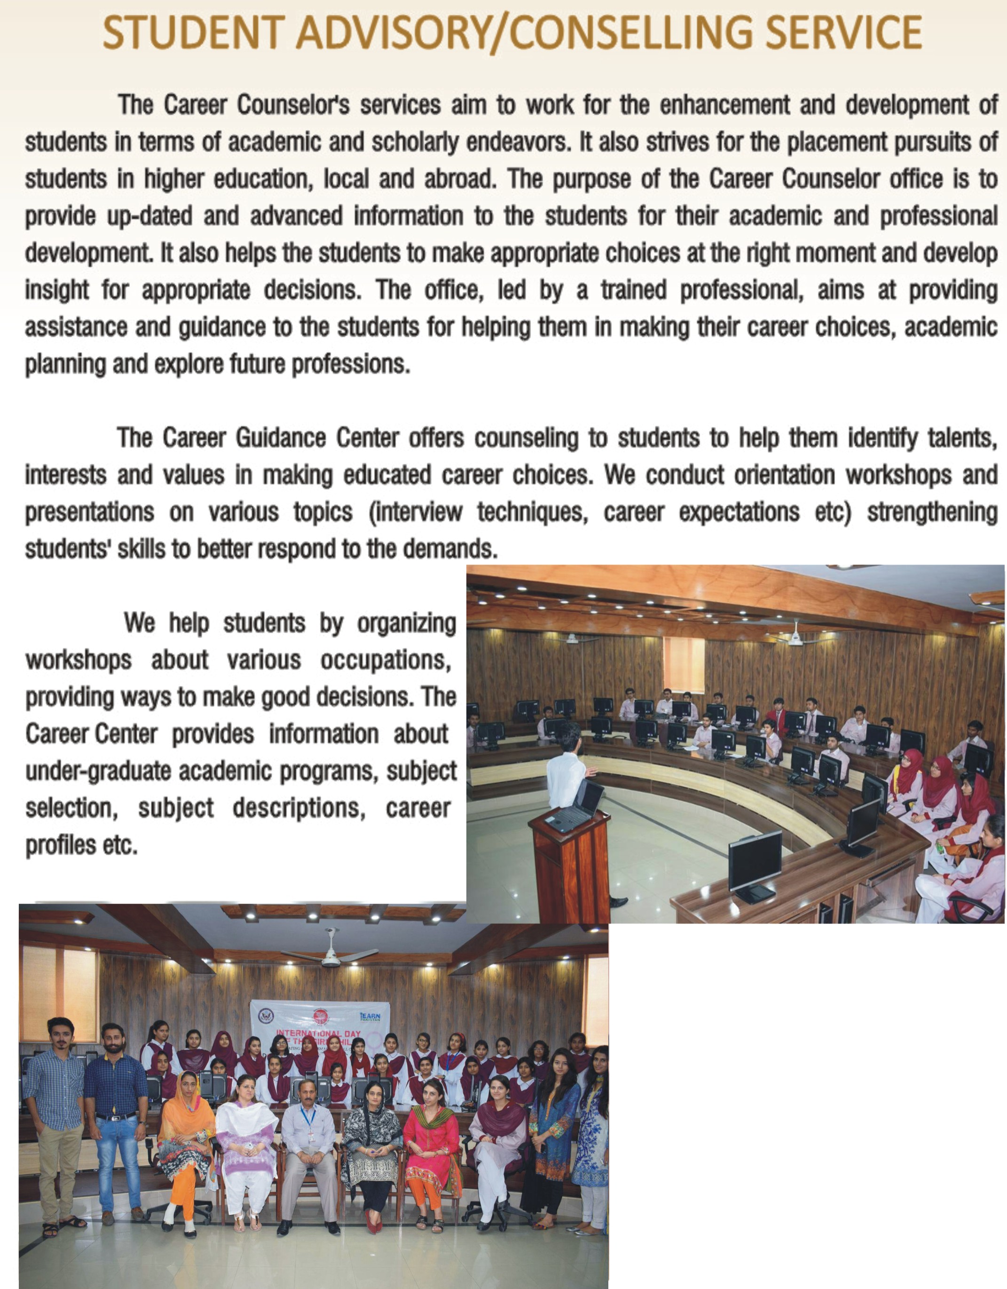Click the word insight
[x=56, y=290]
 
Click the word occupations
[x=386, y=660]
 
